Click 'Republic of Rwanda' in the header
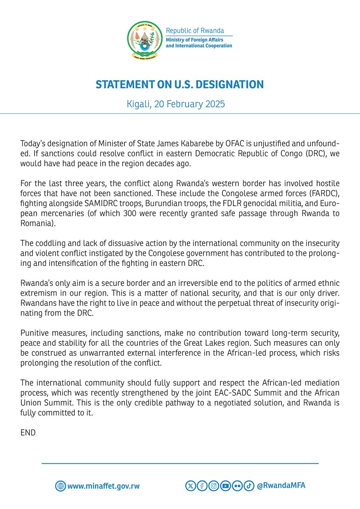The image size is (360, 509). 194,31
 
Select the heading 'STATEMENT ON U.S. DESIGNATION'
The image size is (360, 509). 180,84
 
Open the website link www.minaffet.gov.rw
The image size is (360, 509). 104,486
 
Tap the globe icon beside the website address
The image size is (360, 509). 60,486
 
